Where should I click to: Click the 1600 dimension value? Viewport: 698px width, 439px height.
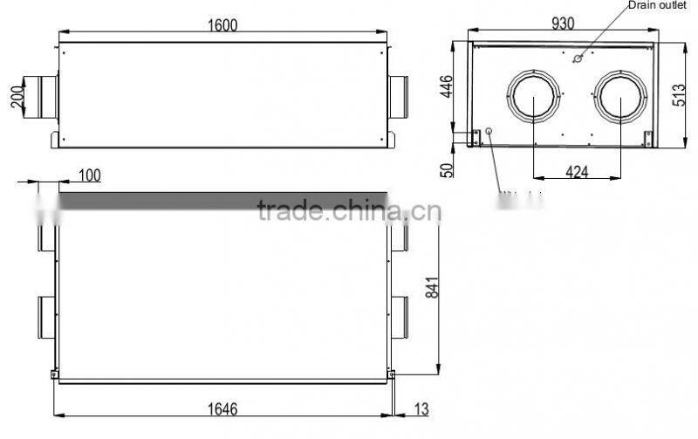(x=222, y=25)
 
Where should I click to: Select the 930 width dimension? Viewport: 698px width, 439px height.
(x=562, y=24)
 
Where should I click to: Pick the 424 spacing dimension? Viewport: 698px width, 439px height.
(x=577, y=172)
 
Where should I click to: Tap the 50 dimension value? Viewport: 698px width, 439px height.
(x=448, y=168)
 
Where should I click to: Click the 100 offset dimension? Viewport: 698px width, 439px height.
(x=89, y=175)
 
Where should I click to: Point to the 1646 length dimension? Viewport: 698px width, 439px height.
(x=224, y=409)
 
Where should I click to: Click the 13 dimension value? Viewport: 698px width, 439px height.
(x=421, y=409)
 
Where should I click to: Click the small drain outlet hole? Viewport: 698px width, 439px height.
(x=577, y=59)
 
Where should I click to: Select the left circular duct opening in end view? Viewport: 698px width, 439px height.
(x=534, y=100)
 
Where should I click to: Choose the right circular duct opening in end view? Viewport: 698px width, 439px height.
(x=620, y=100)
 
